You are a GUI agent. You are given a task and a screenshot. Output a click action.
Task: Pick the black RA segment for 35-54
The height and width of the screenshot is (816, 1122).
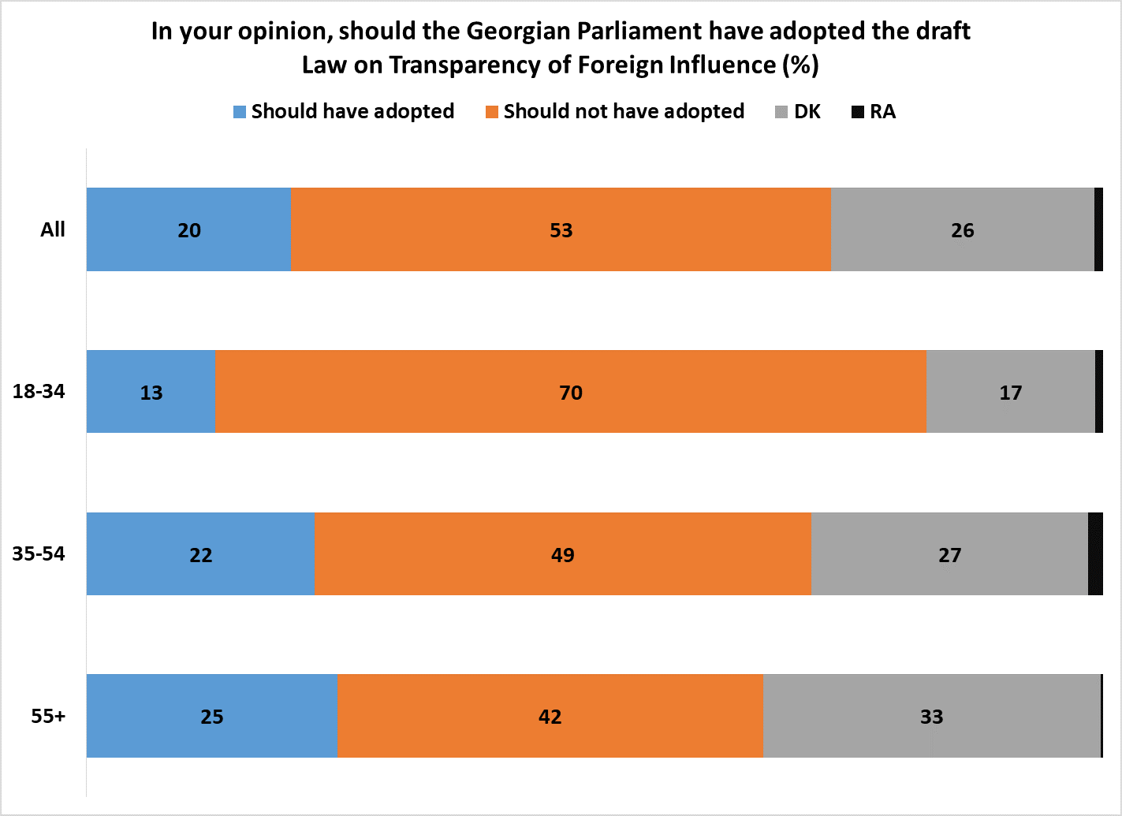click(x=1095, y=553)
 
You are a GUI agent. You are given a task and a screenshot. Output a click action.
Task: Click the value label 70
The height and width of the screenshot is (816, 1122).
click(x=571, y=393)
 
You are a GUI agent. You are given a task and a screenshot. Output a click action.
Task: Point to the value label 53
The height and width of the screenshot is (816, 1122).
click(x=561, y=230)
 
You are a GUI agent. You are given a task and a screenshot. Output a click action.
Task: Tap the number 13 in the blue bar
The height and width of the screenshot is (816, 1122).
click(x=151, y=393)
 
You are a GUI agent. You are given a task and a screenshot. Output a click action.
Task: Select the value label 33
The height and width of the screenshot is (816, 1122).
click(x=931, y=717)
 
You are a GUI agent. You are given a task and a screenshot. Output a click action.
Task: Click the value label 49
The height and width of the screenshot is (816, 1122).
click(x=563, y=555)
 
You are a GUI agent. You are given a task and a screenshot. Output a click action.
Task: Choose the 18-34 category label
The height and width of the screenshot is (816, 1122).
click(x=39, y=391)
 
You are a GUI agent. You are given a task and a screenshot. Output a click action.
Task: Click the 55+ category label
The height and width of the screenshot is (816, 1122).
click(x=48, y=716)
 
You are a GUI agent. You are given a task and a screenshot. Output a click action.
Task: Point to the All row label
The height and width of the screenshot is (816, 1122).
click(x=53, y=229)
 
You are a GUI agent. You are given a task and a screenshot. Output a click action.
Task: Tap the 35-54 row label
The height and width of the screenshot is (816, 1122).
click(x=39, y=553)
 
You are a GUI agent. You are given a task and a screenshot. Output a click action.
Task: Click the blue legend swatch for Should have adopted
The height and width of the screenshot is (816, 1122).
click(x=240, y=112)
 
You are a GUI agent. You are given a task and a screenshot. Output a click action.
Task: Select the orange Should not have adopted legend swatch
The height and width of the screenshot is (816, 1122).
click(x=492, y=112)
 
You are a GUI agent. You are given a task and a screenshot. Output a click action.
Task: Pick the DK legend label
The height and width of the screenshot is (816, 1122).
click(x=807, y=111)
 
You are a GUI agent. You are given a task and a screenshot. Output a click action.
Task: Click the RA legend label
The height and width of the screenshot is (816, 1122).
click(x=882, y=111)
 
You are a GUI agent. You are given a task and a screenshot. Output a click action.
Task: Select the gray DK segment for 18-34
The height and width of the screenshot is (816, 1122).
click(x=1010, y=392)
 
